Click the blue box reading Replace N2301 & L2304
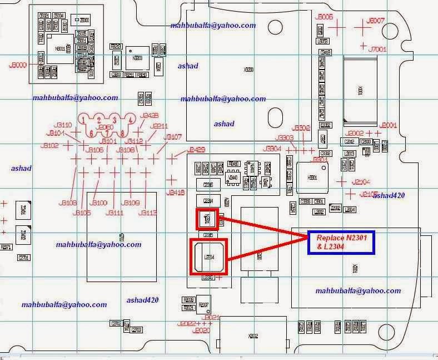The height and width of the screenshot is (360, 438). [x=341, y=243]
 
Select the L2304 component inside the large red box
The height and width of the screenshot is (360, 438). [x=208, y=257]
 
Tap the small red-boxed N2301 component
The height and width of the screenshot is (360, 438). [x=208, y=219]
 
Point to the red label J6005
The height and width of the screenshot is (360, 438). [x=323, y=17]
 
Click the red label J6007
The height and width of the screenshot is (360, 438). [x=377, y=21]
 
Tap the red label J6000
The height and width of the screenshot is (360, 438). [x=18, y=66]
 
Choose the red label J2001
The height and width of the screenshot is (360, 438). [x=387, y=125]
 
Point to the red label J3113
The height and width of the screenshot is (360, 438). [x=148, y=213]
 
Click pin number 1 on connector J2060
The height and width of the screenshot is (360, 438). [x=84, y=120]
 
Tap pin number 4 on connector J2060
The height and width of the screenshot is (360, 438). [x=130, y=120]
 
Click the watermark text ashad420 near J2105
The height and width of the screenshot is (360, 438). [x=389, y=195]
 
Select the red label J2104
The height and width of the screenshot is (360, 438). [x=361, y=182]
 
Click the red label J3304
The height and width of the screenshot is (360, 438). [x=273, y=149]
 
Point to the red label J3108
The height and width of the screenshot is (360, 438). [x=67, y=203]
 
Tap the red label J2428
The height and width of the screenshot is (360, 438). [x=150, y=115]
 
